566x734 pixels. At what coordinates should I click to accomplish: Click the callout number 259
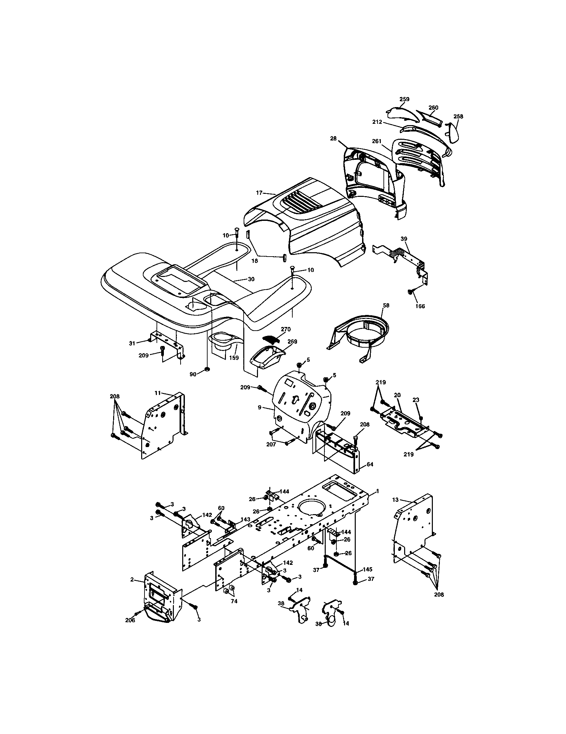coord(404,99)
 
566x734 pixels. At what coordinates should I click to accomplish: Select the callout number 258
coord(458,116)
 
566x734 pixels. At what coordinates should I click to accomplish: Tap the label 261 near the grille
coord(377,141)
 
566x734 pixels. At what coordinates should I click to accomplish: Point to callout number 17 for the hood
coord(259,193)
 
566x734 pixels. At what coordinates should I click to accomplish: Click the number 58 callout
coord(386,305)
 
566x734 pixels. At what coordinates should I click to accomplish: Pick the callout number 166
coord(420,306)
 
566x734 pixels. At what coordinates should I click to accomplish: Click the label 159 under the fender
coord(234,358)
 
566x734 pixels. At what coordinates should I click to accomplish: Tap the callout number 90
coord(193,374)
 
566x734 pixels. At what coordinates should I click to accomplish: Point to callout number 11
coord(158,393)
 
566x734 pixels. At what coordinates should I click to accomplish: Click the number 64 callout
coord(370,464)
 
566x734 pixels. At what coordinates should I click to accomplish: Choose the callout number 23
coord(416,400)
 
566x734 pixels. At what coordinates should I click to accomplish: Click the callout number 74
coord(234,601)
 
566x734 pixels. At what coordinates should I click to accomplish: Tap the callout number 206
coord(130,621)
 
